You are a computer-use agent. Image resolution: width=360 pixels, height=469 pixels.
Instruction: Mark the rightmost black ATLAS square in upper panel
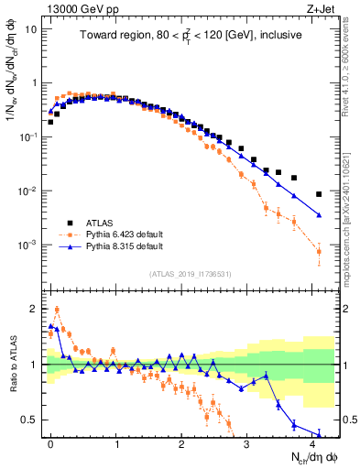[319, 194]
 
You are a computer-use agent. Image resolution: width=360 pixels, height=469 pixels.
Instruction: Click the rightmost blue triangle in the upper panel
[319, 215]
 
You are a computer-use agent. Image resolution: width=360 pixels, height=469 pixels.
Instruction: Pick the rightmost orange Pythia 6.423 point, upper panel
[319, 251]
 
